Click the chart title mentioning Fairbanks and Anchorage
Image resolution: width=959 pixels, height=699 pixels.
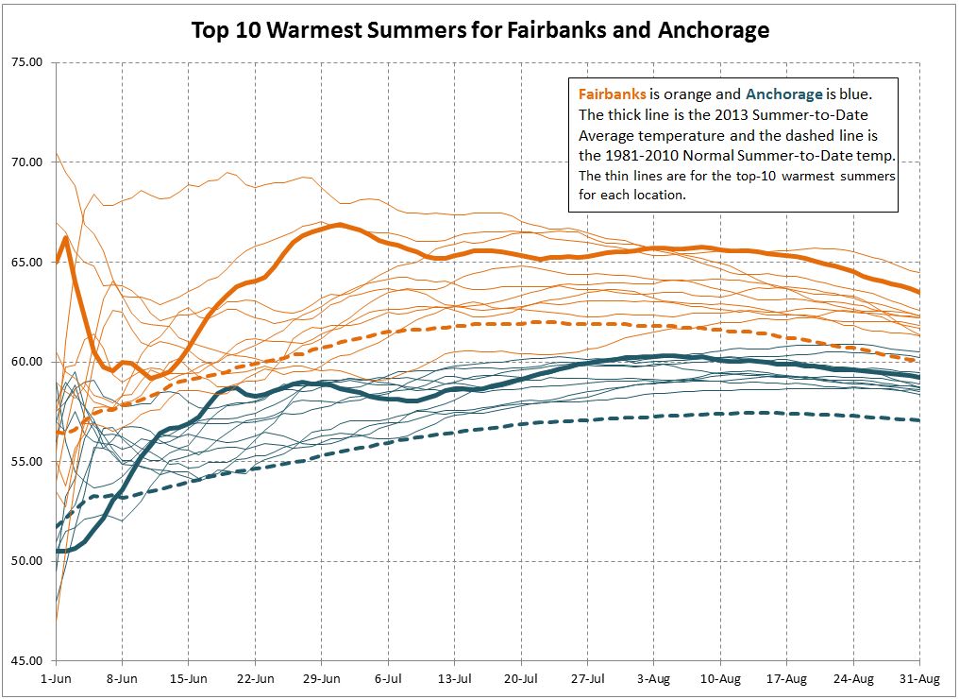point(479,30)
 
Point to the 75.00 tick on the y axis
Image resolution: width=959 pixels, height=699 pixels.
point(28,62)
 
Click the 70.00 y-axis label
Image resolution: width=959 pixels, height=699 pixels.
point(28,162)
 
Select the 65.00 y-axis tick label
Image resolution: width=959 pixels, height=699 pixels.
point(28,262)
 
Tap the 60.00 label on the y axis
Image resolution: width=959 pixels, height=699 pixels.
point(28,362)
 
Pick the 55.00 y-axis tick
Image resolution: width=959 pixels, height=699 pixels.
point(28,462)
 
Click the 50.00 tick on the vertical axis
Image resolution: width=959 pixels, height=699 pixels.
point(28,561)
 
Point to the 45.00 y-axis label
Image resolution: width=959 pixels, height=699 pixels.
point(28,661)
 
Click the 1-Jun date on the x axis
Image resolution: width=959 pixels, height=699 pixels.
point(56,678)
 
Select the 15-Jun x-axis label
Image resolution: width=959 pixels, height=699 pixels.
point(189,678)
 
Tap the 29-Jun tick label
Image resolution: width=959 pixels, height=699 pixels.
point(322,678)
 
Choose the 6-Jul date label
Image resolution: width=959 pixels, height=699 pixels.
point(388,678)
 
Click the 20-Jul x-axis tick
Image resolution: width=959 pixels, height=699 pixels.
point(521,678)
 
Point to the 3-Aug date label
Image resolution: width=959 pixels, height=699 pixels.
point(654,678)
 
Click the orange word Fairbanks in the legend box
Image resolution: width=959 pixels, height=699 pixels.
point(613,94)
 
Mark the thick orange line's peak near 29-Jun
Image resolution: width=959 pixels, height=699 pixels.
point(339,225)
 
